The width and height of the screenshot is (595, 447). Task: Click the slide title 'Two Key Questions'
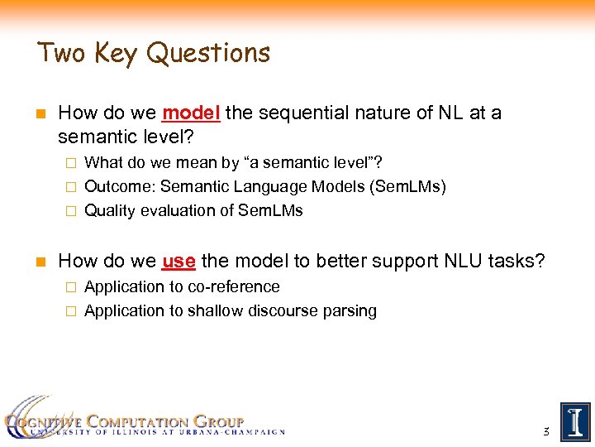pos(154,53)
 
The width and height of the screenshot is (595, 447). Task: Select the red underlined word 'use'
pos(178,262)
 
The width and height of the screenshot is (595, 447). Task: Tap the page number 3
pos(545,431)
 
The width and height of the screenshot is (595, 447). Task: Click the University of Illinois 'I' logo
pos(574,422)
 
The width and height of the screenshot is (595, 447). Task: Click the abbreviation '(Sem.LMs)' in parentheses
pos(408,186)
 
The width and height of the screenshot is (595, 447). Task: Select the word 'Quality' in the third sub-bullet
pos(110,210)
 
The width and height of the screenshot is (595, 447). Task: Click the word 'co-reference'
pos(234,286)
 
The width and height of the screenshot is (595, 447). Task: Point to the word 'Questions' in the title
pos(208,53)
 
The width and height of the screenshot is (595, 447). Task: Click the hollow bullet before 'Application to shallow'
pos(70,312)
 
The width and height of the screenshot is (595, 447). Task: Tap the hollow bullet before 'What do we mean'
pos(70,163)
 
